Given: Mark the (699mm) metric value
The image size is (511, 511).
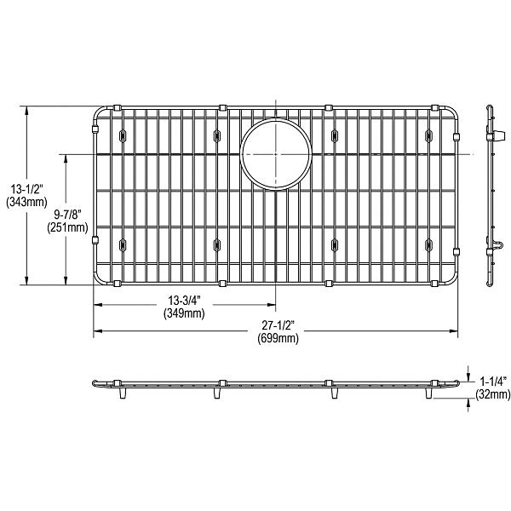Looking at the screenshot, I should click(278, 339).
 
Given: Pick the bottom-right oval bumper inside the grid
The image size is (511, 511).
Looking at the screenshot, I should click(428, 247).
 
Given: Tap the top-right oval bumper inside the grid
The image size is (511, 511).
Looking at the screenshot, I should click(428, 135).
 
